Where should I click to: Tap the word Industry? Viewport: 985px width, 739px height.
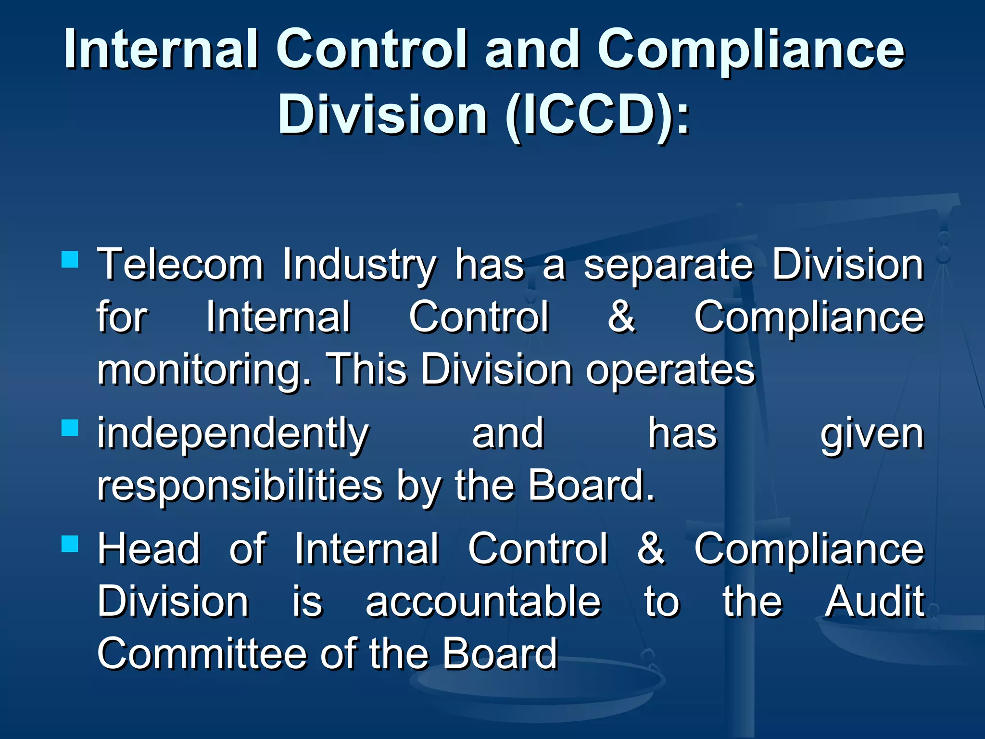359,266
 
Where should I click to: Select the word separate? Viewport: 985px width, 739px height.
669,266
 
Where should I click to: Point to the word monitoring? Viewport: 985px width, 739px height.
204,371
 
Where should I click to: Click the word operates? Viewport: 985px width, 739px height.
670,371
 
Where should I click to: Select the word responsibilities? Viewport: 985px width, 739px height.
240,486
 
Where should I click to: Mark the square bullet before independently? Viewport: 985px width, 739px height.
70,427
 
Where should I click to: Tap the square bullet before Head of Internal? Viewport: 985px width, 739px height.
70,544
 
